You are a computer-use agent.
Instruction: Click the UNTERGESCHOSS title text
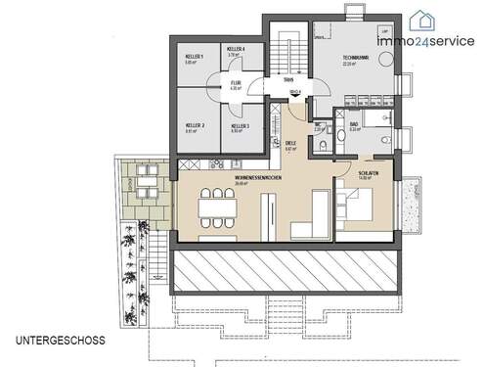tap(62, 340)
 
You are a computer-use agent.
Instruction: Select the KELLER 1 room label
tap(195, 58)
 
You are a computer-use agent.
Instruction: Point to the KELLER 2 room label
tap(195, 124)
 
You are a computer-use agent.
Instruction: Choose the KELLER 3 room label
tap(240, 126)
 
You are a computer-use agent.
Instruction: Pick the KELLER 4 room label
tap(236, 49)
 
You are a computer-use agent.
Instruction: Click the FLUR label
tap(235, 84)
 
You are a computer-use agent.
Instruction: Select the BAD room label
tap(353, 125)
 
